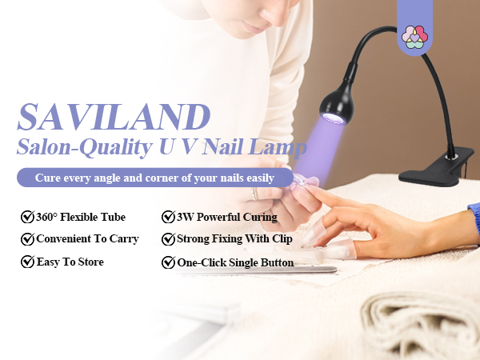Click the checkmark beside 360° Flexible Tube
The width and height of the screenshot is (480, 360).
[27, 217]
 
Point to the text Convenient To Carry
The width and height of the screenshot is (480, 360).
[87, 238]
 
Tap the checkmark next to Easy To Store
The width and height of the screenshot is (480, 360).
[27, 262]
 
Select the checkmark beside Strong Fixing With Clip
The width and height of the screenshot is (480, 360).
[168, 238]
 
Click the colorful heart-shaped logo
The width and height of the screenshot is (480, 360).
[414, 36]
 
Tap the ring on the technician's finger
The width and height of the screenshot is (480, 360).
[255, 193]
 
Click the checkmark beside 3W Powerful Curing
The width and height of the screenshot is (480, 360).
[168, 217]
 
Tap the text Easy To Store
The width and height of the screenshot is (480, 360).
[70, 262]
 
